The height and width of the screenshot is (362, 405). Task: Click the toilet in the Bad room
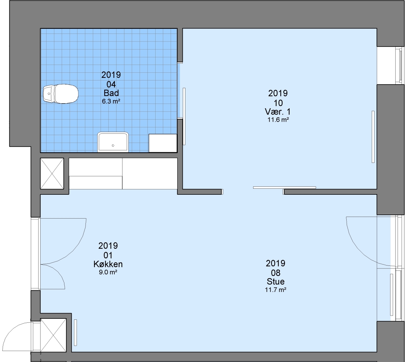61,94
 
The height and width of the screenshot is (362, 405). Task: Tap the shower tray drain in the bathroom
113,145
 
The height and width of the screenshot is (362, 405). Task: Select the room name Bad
111,93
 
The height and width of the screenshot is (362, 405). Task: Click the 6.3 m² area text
111,101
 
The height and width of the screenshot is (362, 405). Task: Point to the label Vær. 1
278,112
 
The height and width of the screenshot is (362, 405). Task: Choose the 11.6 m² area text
278,120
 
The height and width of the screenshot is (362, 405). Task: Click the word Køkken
108,264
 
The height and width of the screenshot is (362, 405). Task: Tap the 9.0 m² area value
108,272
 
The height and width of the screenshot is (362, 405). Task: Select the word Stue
276,282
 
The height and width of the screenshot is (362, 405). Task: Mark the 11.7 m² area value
276,290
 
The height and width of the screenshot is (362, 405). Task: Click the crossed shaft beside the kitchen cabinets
52,174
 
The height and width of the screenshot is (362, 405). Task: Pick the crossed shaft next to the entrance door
53,335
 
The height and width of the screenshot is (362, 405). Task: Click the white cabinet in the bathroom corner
163,143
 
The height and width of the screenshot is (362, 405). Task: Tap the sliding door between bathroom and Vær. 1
184,116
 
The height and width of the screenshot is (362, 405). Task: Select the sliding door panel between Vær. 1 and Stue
284,187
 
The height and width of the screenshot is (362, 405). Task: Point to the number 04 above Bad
111,84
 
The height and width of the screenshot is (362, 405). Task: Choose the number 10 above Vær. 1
278,103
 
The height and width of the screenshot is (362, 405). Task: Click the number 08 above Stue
276,273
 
